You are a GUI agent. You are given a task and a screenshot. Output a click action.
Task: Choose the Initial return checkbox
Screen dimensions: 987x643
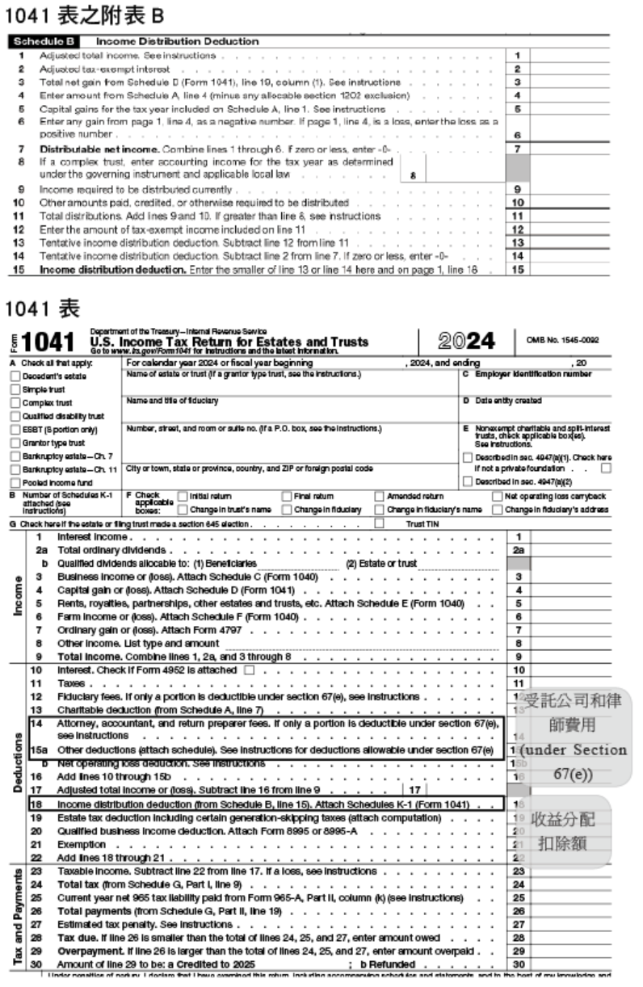click(182, 496)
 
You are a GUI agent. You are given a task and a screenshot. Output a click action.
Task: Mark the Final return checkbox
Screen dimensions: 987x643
click(288, 496)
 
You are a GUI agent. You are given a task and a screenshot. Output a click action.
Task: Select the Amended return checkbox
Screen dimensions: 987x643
click(381, 496)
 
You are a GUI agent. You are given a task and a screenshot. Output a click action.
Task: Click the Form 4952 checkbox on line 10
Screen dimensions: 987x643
click(249, 670)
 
